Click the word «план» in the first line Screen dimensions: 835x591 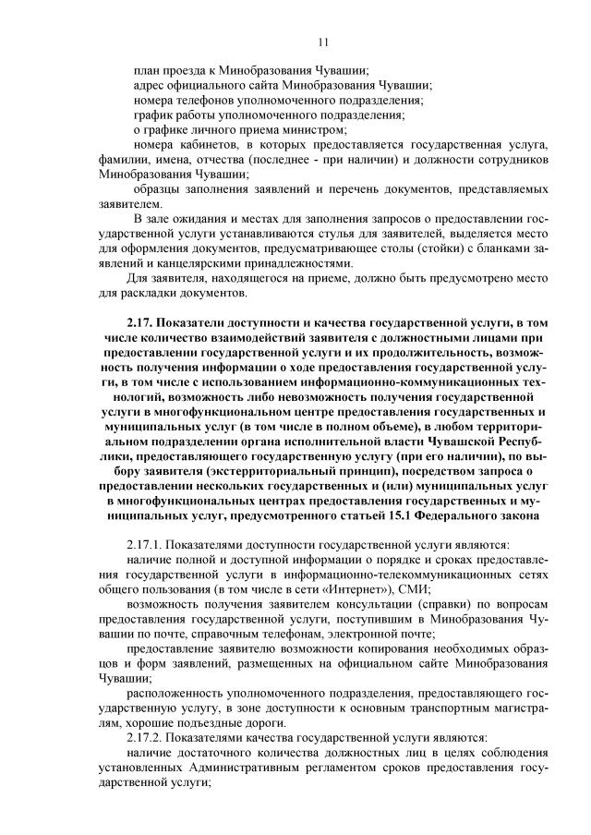click(x=146, y=70)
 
